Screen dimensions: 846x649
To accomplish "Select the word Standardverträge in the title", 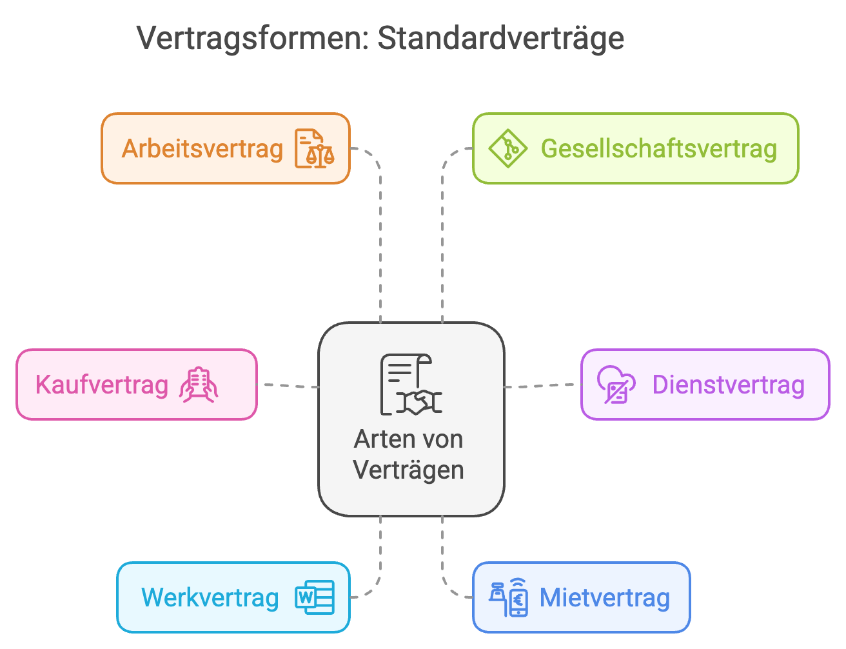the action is [501, 39].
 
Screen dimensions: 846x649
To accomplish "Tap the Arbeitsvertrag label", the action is [202, 150].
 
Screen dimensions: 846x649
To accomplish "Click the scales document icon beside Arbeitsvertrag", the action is [315, 148].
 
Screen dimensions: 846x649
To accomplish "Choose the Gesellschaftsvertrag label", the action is [659, 149].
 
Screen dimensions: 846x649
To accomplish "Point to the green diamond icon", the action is [508, 148].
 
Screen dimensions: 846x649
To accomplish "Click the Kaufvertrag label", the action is [102, 385].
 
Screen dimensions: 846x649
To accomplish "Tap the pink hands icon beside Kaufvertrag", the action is [199, 384].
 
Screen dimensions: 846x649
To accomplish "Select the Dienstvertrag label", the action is [729, 385].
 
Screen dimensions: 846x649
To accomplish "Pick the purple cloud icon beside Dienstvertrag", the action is [616, 384].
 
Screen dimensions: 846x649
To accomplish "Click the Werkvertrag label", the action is [210, 598].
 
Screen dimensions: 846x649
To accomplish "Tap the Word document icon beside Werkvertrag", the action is [315, 597].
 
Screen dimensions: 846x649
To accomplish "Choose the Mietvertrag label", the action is [605, 598].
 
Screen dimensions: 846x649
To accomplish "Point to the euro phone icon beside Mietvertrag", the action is [509, 597].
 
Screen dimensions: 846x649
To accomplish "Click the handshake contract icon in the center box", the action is [411, 384].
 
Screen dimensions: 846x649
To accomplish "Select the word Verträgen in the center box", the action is [408, 470].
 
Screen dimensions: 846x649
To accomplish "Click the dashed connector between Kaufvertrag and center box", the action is [288, 386].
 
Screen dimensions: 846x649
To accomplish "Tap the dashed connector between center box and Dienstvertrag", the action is [543, 386].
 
